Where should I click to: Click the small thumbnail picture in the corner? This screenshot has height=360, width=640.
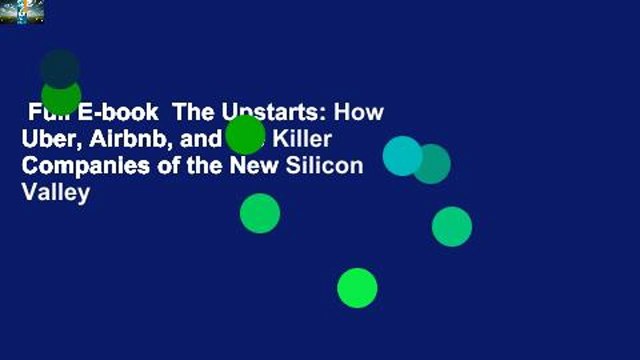click(21, 11)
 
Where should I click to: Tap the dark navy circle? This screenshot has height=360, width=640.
click(60, 68)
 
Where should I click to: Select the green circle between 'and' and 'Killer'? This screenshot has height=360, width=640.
click(245, 134)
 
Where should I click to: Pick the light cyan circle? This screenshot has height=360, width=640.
click(402, 156)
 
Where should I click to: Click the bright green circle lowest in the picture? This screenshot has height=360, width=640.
click(357, 288)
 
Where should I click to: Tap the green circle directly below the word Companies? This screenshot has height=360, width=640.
click(260, 213)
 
